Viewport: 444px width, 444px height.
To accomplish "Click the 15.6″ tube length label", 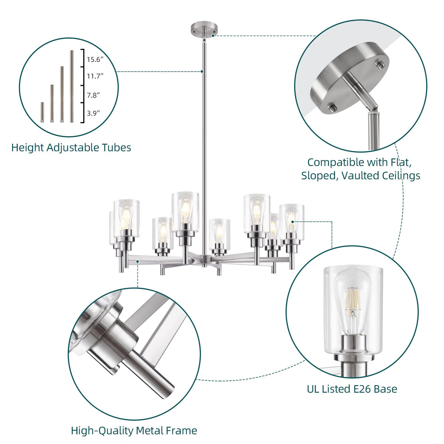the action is point(95,60).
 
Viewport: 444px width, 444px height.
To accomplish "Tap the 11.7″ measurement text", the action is point(95,76).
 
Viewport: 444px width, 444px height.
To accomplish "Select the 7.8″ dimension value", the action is point(93,95).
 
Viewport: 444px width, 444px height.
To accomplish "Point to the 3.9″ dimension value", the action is point(93,113).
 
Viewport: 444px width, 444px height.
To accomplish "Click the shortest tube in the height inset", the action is point(42,112).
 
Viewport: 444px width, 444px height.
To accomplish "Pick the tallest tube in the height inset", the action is point(72,86).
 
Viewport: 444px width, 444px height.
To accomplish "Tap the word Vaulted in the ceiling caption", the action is point(359,176).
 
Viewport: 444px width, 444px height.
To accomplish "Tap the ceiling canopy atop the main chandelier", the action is point(204,30).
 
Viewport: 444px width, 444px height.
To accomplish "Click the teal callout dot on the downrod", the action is point(202,71).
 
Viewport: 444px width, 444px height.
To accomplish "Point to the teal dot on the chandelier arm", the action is point(138,262).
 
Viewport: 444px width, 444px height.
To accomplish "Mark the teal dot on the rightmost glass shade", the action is point(292,222).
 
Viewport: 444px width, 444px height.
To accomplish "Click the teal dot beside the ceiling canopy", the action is point(213,36).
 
